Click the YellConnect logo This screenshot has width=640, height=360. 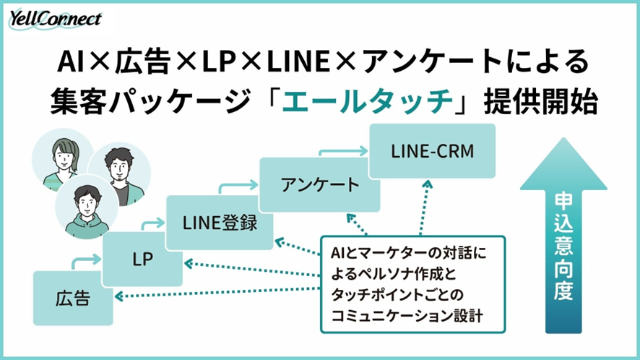(x=56, y=20)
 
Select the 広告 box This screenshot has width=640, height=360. (x=73, y=297)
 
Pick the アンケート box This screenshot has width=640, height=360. (x=319, y=184)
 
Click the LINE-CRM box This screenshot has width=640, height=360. (x=432, y=150)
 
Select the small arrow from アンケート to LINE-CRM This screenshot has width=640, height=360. (x=339, y=151)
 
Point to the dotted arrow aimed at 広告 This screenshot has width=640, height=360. (x=217, y=293)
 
